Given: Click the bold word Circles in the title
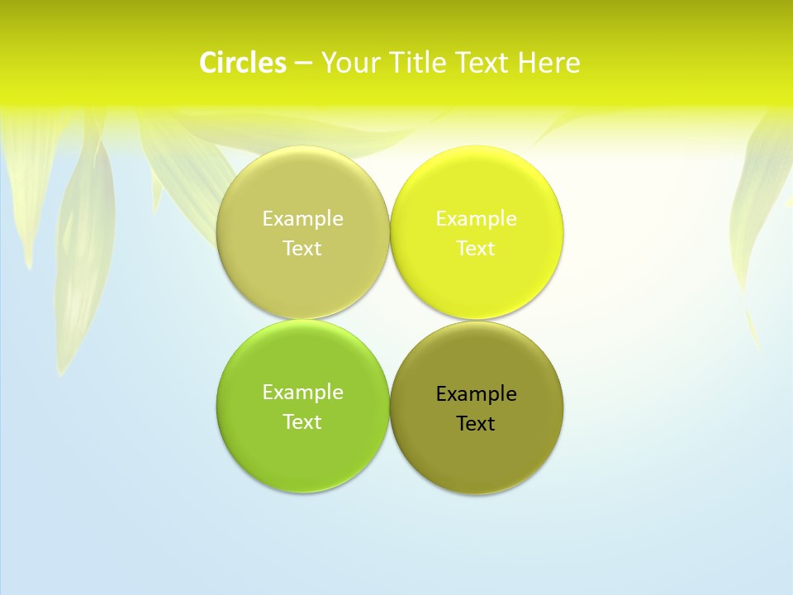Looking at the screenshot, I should click(x=243, y=63).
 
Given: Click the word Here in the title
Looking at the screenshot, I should click(x=549, y=63).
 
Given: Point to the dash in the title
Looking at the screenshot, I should click(x=303, y=63).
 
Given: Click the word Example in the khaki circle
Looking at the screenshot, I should click(x=302, y=219).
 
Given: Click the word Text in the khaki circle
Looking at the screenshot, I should click(x=302, y=249).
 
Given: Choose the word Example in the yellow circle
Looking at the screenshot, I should click(x=477, y=219).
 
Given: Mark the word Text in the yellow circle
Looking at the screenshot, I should click(x=477, y=249).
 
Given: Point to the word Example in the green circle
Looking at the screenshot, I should click(x=302, y=393).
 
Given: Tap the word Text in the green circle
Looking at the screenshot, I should click(x=302, y=422).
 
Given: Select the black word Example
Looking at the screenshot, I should click(x=477, y=394).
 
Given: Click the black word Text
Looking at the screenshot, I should click(x=477, y=424).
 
